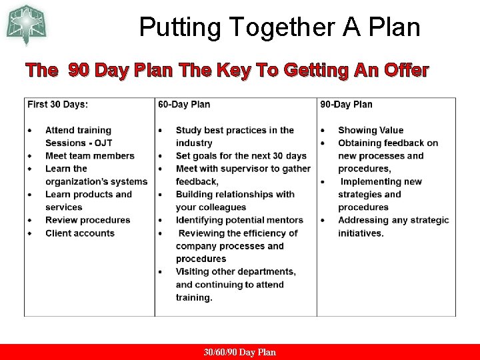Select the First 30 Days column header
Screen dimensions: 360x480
57,104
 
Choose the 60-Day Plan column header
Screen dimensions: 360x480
184,104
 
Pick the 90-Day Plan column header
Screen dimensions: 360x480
346,104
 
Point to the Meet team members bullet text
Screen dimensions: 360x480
89,156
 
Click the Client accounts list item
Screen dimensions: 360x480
79,233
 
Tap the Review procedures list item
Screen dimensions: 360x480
87,220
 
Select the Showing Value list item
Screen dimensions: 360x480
371,130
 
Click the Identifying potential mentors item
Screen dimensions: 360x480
239,220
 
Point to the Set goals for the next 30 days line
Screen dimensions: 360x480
241,156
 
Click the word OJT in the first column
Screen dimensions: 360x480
103,143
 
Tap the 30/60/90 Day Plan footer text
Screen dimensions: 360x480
240,352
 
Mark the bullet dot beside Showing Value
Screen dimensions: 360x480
323,131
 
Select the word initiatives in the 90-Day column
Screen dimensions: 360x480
361,233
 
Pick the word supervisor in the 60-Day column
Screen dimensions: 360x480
241,169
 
